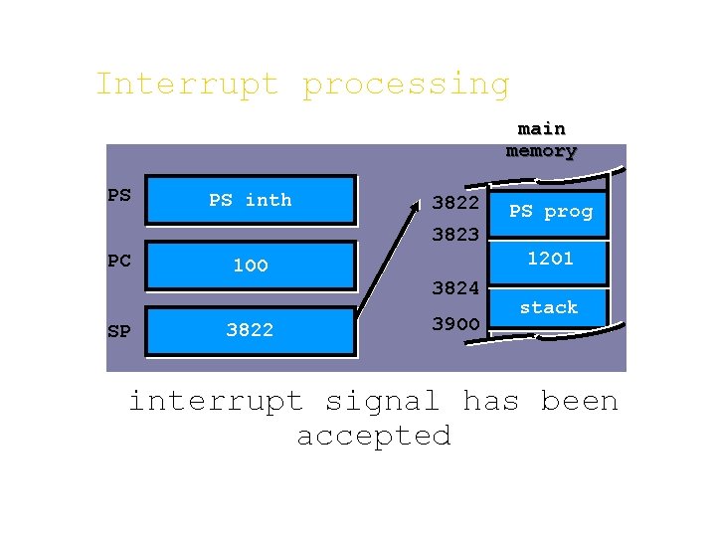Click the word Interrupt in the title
tap(187, 84)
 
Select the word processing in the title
tap(406, 86)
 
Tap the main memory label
tap(541, 140)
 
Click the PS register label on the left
tap(118, 195)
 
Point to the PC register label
tap(118, 261)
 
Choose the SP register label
tap(118, 331)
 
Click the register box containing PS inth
tap(251, 201)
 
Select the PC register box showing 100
tap(251, 266)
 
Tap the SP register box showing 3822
tap(251, 330)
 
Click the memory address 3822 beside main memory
tap(455, 203)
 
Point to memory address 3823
tap(455, 236)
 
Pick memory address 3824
tap(455, 288)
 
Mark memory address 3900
tap(455, 324)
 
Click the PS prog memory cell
tap(550, 212)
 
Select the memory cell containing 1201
tap(550, 259)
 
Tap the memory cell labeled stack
tap(549, 307)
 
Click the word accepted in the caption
tap(374, 436)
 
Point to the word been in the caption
tap(579, 402)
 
